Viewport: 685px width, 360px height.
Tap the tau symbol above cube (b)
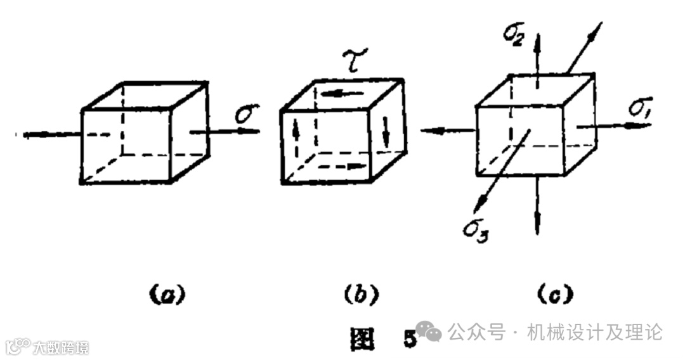click(346, 63)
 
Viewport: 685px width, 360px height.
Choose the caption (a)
click(163, 293)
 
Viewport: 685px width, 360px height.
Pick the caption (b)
click(360, 293)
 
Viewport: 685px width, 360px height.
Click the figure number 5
click(410, 340)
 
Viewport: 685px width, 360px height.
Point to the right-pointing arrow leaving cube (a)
click(225, 131)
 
